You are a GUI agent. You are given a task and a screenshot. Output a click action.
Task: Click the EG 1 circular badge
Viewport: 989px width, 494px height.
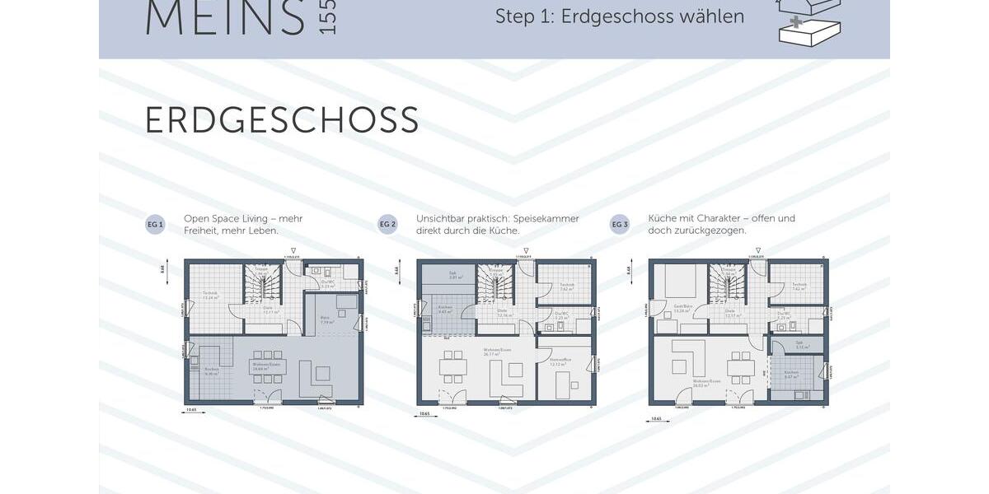tap(155, 224)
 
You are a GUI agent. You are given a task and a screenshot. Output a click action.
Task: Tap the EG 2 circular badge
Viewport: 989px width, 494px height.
tap(387, 224)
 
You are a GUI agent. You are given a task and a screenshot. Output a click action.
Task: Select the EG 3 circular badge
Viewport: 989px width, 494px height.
tap(620, 224)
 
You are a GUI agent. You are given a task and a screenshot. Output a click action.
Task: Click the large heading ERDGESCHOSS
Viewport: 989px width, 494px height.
tap(281, 121)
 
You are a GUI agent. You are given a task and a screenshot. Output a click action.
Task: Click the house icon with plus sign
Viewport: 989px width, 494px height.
tap(809, 21)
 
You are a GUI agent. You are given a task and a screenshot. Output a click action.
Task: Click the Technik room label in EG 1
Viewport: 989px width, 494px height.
tap(209, 295)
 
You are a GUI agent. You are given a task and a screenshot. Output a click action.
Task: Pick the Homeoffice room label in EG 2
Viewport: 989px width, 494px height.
tap(556, 361)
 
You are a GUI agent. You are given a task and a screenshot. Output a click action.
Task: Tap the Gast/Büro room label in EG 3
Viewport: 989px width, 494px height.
tap(680, 310)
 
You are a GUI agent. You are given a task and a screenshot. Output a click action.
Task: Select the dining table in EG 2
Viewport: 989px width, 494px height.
tap(453, 366)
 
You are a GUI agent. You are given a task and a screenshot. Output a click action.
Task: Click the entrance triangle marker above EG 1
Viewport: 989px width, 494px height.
tap(293, 249)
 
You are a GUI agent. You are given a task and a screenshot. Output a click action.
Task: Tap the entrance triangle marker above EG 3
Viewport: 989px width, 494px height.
tap(758, 249)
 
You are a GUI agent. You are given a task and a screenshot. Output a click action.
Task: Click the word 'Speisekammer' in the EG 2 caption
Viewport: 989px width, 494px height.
tap(548, 218)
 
